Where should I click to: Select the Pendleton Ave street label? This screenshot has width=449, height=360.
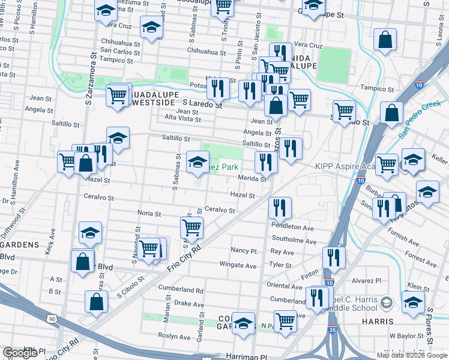pyautogui.click(x=292, y=228)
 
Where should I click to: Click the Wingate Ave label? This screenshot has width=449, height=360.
pyautogui.click(x=238, y=266)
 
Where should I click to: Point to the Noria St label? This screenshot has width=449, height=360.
pyautogui.click(x=149, y=213)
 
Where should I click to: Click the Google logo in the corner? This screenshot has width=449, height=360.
pyautogui.click(x=20, y=353)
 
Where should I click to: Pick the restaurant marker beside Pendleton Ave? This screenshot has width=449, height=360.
pyautogui.click(x=280, y=209)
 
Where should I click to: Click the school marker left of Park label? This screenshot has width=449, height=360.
pyautogui.click(x=198, y=161)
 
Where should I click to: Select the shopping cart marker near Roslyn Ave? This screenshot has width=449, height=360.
pyautogui.click(x=285, y=320)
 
